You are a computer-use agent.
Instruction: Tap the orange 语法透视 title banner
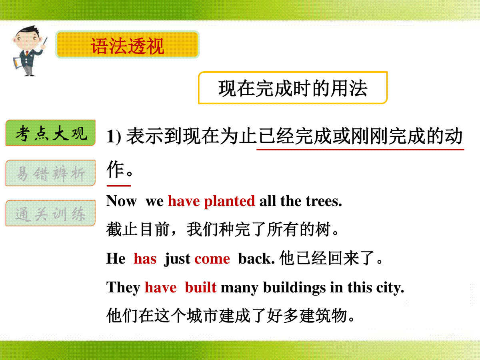coord(127,44)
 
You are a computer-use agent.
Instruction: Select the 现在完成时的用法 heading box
coord(293,88)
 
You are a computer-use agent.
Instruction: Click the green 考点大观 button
coord(50,133)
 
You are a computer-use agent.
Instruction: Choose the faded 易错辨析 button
coord(50,173)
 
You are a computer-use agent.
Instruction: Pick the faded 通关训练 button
coord(50,213)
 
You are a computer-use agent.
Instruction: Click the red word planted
coord(229,202)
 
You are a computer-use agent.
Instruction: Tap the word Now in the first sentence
coord(121,201)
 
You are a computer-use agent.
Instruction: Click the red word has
coord(145,259)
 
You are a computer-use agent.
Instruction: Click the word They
coord(123,288)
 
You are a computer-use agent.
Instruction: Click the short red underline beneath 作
coord(119,186)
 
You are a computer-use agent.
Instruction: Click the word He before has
coord(116,258)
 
